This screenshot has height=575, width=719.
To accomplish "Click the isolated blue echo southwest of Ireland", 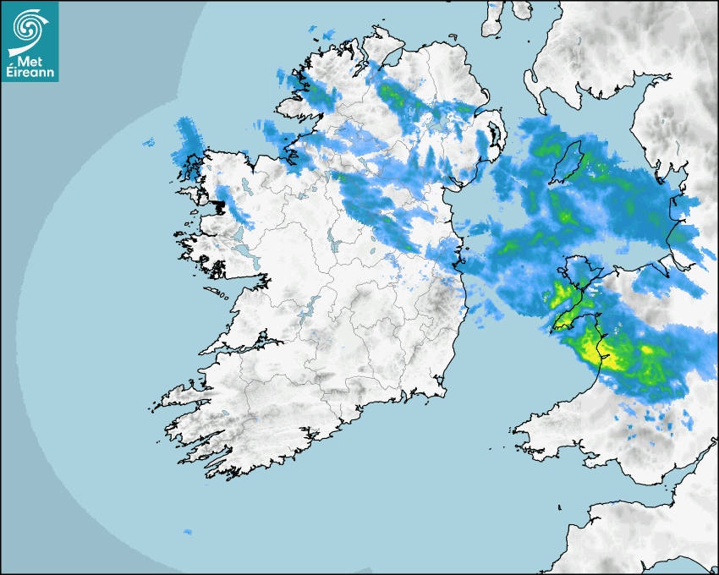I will (187, 532).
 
